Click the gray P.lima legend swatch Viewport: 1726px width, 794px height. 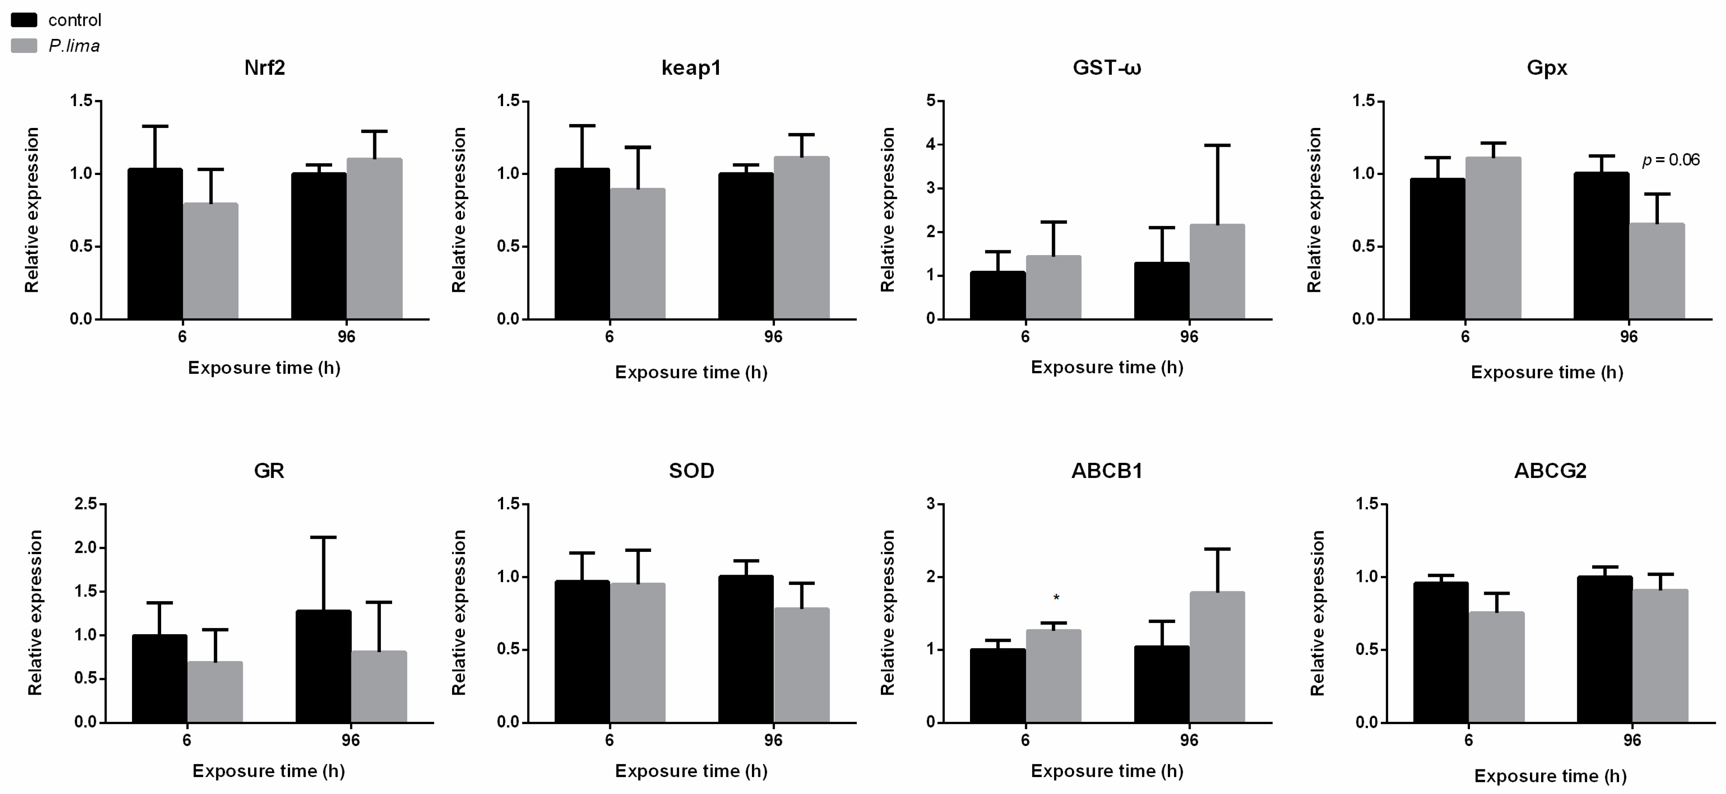coord(23,46)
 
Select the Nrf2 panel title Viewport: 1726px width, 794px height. coord(264,68)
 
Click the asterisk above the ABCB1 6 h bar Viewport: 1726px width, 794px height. coord(1056,597)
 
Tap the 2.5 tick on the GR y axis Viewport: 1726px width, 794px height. coord(86,504)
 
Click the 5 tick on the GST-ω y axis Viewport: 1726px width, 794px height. coord(930,101)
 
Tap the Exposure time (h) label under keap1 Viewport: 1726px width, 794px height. coord(691,372)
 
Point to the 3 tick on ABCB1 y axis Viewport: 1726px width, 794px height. coord(930,504)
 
